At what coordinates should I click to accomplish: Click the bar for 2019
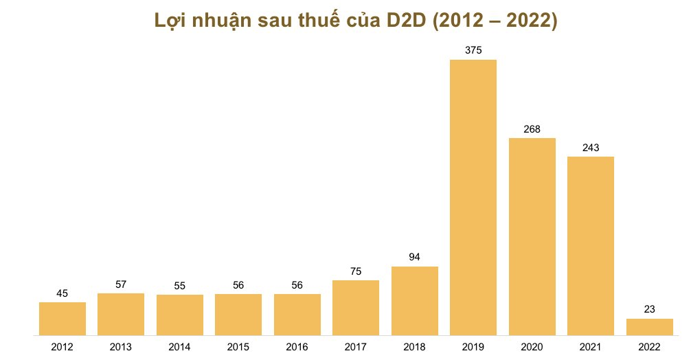pyautogui.click(x=473, y=198)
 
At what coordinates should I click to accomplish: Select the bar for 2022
pyautogui.click(x=649, y=327)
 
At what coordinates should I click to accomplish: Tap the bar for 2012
pyautogui.click(x=63, y=319)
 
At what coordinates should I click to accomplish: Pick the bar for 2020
pyautogui.click(x=532, y=236)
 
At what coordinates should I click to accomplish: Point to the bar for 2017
pyautogui.click(x=355, y=308)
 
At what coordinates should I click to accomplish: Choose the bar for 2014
pyautogui.click(x=180, y=315)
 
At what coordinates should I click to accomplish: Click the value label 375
pyautogui.click(x=473, y=50)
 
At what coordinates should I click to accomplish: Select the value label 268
pyautogui.click(x=532, y=128)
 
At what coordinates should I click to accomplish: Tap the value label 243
pyautogui.click(x=590, y=147)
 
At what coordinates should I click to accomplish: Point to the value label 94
pyautogui.click(x=414, y=257)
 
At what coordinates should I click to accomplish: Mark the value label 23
pyautogui.click(x=649, y=309)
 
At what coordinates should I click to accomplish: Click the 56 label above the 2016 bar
pyautogui.click(x=297, y=284)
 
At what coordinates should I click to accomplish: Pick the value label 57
pyautogui.click(x=121, y=284)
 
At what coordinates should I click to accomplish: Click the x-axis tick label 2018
pyautogui.click(x=414, y=347)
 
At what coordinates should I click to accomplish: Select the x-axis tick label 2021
pyautogui.click(x=590, y=347)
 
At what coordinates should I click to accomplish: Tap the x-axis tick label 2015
pyautogui.click(x=238, y=347)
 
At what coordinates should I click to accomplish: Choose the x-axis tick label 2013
pyautogui.click(x=121, y=347)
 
